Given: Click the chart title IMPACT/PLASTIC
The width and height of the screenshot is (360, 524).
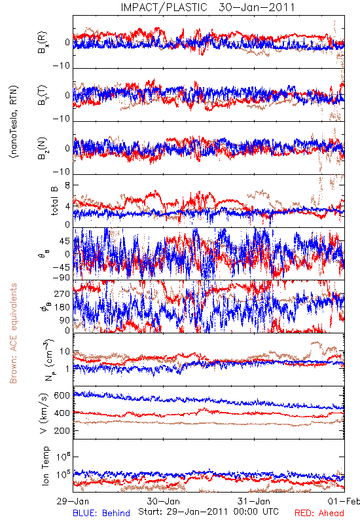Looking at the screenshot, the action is (164, 7).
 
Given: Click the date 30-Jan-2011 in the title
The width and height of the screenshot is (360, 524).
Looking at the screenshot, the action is (257, 7).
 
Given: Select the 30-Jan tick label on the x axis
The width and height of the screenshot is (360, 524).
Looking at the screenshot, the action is (163, 501).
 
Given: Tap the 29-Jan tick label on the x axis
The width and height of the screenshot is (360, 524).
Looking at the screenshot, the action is (73, 501).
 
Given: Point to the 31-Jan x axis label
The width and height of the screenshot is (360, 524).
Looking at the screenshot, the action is (254, 501).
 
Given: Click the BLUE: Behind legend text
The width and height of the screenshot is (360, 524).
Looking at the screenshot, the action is (101, 514).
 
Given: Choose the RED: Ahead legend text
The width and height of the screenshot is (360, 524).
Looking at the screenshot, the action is (319, 514).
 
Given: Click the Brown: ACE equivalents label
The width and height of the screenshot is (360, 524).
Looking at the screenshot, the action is (13, 333).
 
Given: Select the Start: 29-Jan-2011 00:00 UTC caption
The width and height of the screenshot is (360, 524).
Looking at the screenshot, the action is (208, 512).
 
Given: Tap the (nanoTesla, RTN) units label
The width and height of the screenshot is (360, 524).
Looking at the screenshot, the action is (14, 122).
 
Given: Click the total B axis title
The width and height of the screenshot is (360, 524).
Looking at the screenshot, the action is (54, 201).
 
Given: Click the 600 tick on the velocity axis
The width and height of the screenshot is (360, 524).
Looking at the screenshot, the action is (62, 396).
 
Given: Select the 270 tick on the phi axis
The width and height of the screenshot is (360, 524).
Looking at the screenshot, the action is (62, 294).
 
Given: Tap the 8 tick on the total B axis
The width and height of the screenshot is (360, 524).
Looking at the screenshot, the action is (67, 186).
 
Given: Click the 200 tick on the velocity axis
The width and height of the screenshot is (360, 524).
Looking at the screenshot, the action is (62, 430).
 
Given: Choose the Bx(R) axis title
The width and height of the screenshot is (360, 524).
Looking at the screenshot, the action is (43, 43).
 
